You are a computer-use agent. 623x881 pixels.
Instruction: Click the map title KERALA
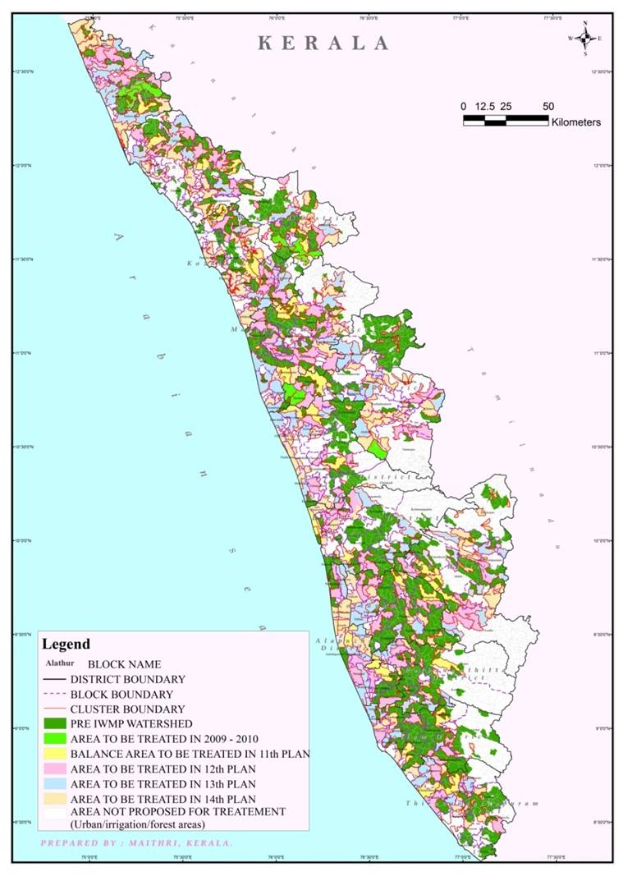pos(323,44)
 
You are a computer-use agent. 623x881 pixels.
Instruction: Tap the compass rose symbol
pos(584,38)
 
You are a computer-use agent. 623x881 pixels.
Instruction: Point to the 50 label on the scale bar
pos(547,107)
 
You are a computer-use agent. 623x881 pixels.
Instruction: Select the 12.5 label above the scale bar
pos(485,107)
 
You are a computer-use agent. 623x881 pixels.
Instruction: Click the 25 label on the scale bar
pos(506,107)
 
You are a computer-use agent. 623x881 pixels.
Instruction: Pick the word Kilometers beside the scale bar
pos(576,122)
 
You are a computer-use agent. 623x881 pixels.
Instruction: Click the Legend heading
pos(66,645)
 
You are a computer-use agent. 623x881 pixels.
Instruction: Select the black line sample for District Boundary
pos(54,679)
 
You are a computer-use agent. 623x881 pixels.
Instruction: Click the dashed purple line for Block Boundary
pos(54,694)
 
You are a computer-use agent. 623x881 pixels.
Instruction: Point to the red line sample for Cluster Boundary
pos(54,709)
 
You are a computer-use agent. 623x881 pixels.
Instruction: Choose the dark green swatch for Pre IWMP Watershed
pos(54,723)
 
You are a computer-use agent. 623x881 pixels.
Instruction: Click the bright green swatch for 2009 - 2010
pos(54,738)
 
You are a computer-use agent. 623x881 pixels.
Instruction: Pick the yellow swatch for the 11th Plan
pos(54,753)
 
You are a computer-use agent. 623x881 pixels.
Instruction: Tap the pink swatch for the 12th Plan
pos(54,768)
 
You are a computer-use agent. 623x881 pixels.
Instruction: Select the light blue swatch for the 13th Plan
pos(54,782)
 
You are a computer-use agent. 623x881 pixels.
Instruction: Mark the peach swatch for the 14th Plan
pos(54,798)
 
